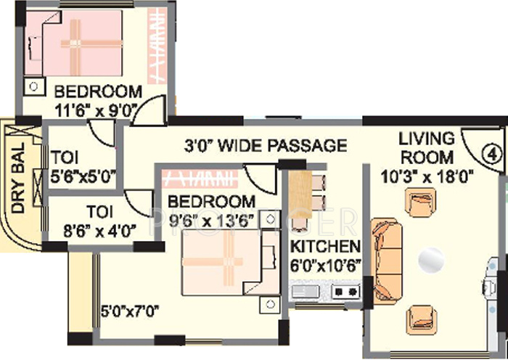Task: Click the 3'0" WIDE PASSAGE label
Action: [x=264, y=145]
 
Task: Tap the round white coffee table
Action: [x=431, y=258]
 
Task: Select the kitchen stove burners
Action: [x=346, y=292]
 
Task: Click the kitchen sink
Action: [x=306, y=292]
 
